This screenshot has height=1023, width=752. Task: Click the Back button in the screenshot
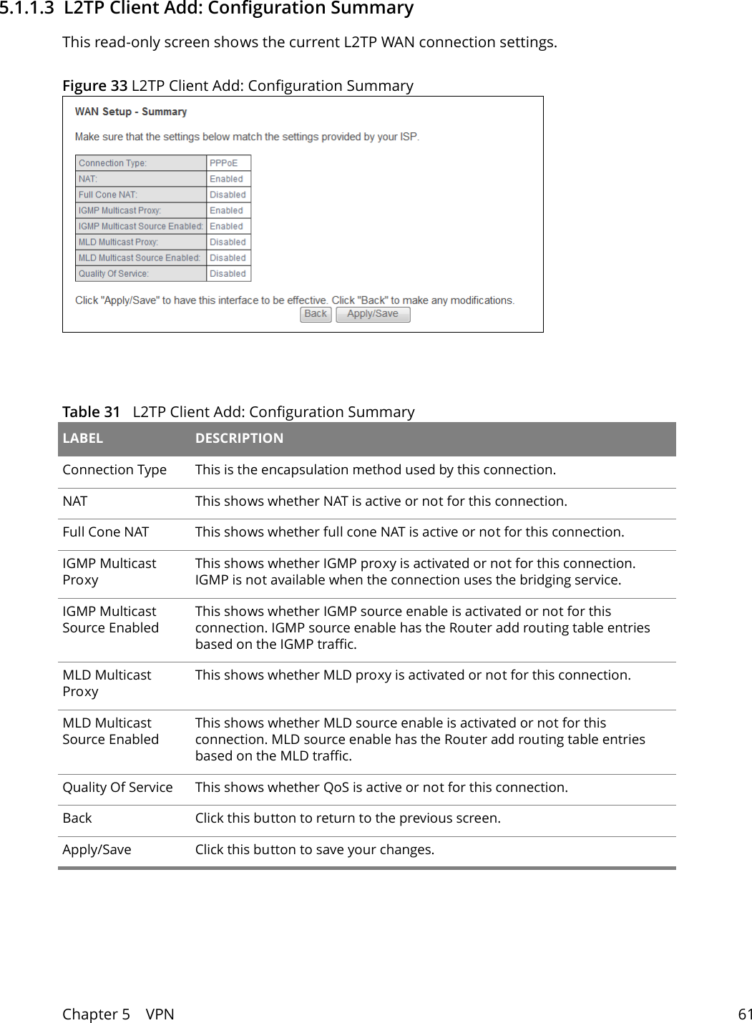[x=316, y=314]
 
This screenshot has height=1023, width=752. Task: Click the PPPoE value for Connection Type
[x=223, y=163]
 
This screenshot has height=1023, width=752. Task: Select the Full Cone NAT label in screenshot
[x=108, y=195]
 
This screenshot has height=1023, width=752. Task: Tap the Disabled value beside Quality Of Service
[x=228, y=273]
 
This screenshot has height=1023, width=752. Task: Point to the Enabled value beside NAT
[x=226, y=179]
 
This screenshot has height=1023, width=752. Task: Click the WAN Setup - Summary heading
[x=131, y=112]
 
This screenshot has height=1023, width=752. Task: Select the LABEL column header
[x=83, y=439]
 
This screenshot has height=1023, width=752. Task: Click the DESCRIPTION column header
[x=239, y=439]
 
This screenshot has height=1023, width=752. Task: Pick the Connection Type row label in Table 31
[x=114, y=470]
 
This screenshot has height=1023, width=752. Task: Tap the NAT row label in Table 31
[x=75, y=501]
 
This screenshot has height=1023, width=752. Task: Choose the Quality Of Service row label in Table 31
[x=117, y=788]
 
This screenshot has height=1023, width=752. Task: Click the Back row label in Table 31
[x=77, y=818]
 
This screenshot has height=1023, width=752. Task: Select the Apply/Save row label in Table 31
[x=97, y=850]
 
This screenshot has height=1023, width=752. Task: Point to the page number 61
[x=745, y=1014]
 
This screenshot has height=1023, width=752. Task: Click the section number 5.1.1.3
[x=26, y=9]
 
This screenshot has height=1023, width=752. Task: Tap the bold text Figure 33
[x=94, y=86]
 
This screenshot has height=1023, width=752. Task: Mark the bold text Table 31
[x=91, y=412]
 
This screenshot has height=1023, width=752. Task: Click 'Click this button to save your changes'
[x=314, y=850]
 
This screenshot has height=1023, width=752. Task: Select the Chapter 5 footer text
[x=96, y=1014]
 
